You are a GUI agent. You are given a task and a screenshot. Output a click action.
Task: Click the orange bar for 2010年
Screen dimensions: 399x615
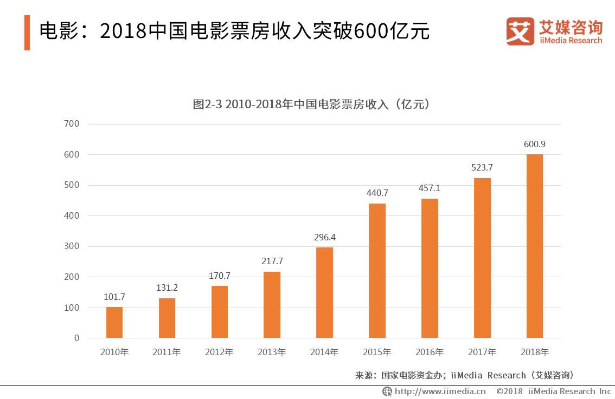(x=114, y=323)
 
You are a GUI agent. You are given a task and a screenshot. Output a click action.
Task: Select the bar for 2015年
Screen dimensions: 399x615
(x=377, y=271)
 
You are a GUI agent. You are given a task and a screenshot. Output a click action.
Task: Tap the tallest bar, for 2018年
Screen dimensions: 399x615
(x=534, y=246)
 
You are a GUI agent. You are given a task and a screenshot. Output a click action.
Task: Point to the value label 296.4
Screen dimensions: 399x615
(x=324, y=237)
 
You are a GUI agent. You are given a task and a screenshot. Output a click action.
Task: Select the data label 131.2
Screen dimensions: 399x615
(x=167, y=288)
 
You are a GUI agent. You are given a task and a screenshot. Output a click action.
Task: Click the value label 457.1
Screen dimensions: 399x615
(x=430, y=188)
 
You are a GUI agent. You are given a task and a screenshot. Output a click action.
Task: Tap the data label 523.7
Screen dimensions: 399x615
(x=482, y=168)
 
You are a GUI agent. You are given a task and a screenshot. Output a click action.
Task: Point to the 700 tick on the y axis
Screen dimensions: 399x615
(x=72, y=124)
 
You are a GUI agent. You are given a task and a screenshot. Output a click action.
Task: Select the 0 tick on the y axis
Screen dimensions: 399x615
(x=76, y=338)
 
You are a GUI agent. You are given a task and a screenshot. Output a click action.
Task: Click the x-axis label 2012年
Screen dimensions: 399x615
(x=219, y=352)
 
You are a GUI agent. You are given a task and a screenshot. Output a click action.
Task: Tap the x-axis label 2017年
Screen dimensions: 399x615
(x=482, y=352)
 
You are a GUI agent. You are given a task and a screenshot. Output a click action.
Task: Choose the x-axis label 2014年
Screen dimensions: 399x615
(x=324, y=352)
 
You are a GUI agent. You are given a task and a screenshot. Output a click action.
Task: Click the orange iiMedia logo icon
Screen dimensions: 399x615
(x=520, y=31)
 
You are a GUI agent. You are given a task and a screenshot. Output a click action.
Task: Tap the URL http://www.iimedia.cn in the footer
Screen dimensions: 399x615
(x=439, y=391)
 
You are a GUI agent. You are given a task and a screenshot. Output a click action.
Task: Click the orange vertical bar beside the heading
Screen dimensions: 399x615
(x=27, y=32)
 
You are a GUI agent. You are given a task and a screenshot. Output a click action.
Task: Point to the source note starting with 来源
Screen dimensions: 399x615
(x=464, y=375)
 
